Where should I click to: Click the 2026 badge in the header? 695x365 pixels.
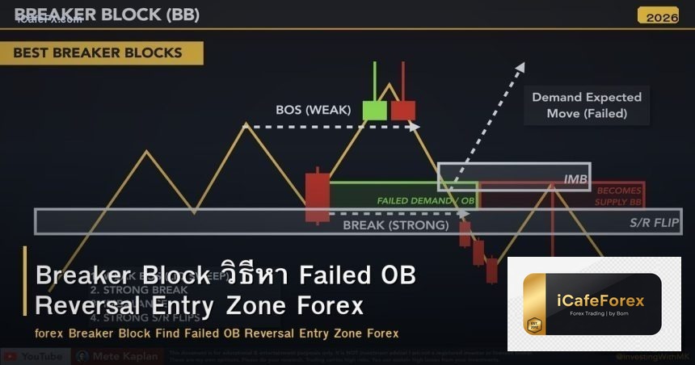click(x=657, y=15)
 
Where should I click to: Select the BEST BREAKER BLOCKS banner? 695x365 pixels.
click(x=97, y=53)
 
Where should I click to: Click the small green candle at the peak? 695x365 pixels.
click(x=374, y=110)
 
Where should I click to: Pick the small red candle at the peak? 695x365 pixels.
click(x=402, y=110)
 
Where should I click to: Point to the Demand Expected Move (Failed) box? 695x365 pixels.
click(x=586, y=105)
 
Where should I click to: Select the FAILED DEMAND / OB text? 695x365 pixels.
click(x=425, y=199)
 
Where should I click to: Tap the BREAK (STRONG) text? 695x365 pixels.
click(x=395, y=224)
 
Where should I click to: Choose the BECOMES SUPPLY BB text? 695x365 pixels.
click(x=618, y=195)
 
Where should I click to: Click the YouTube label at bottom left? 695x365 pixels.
click(x=40, y=356)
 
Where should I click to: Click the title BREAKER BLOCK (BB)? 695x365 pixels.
click(x=107, y=15)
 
